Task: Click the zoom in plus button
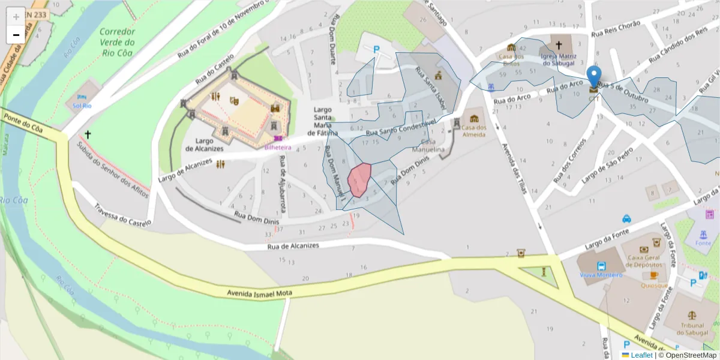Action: click(x=16, y=16)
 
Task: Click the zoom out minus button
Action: click(x=16, y=35)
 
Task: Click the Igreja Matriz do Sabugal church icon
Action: click(x=559, y=45)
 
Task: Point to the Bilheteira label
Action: click(x=278, y=147)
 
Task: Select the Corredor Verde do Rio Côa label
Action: click(x=117, y=42)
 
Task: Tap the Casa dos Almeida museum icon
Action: click(x=474, y=118)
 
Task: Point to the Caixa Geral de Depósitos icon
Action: click(x=644, y=250)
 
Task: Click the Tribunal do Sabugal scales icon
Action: click(x=691, y=314)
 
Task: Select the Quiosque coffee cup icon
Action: click(x=654, y=275)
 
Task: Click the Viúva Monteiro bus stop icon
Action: click(x=601, y=266)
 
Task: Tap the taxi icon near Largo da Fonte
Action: click(x=626, y=218)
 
